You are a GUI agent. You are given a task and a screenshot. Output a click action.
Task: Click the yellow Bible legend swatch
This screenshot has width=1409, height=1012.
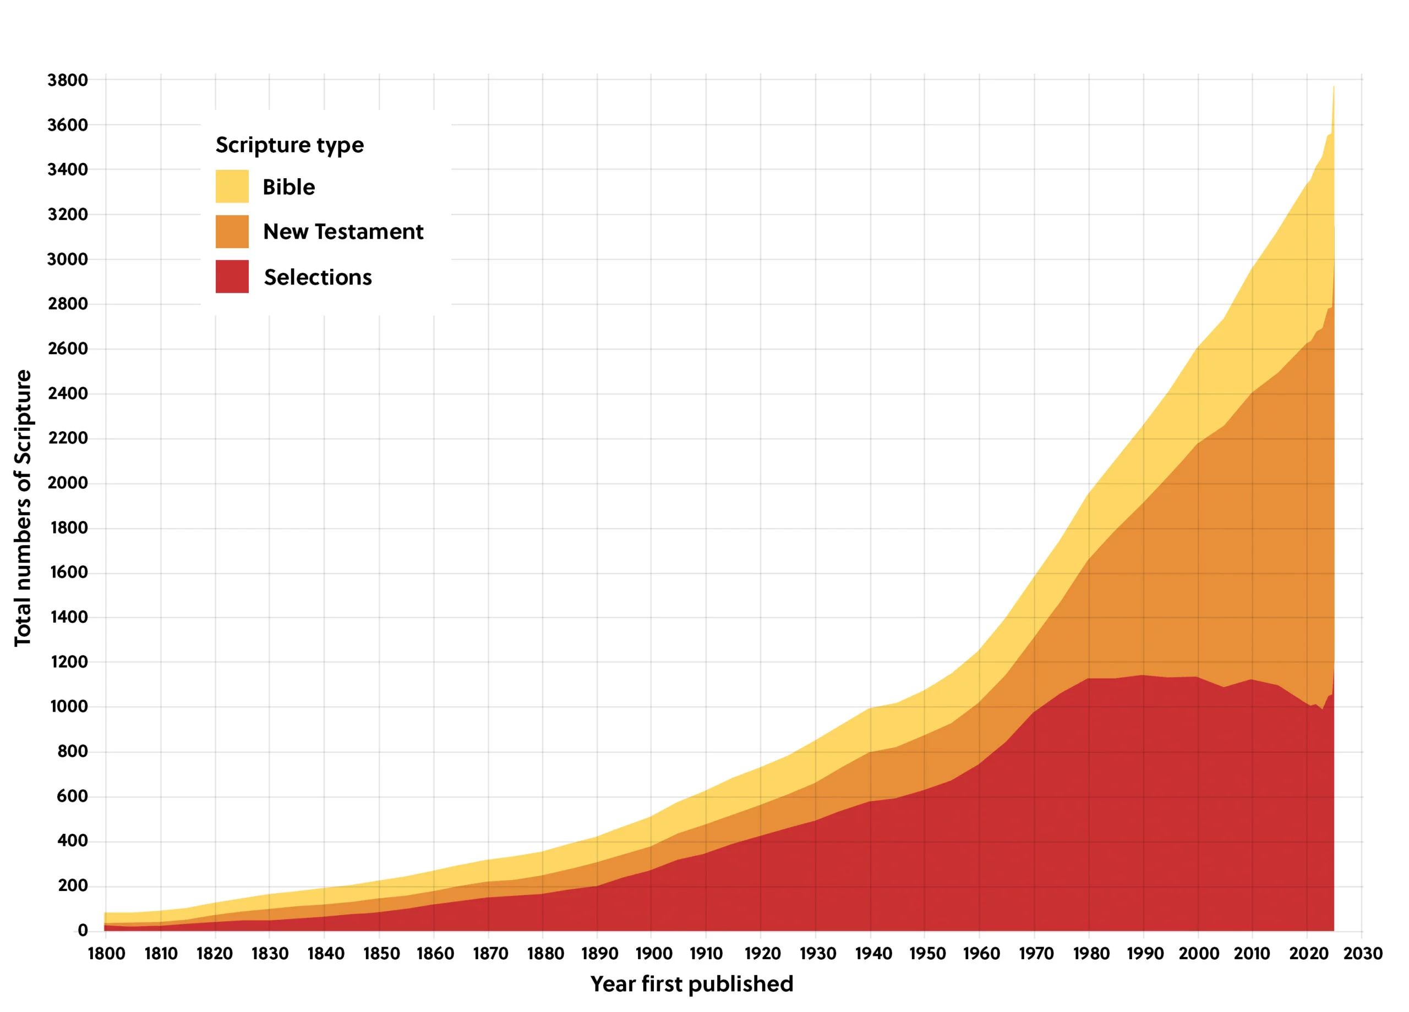pos(232,186)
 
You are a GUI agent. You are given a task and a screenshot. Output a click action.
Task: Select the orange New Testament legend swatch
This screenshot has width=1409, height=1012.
pos(232,232)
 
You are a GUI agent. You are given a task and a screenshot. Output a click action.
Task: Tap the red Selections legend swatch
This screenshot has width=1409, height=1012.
pos(232,276)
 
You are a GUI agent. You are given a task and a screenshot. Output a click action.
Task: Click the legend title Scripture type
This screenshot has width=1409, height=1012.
pos(290,145)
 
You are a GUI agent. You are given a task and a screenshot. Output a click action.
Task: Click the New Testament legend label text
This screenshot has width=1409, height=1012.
pos(343,232)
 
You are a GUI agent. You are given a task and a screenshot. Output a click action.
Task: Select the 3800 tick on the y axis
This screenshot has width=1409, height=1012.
pos(68,80)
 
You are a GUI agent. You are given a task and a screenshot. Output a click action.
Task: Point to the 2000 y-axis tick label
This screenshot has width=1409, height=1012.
pos(68,482)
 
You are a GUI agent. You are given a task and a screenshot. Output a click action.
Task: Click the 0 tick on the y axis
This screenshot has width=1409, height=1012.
pos(82,930)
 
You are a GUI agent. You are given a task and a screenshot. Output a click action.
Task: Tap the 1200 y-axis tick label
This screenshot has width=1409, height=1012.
pos(68,662)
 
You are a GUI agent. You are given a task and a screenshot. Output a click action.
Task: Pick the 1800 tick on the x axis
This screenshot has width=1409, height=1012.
pos(106,954)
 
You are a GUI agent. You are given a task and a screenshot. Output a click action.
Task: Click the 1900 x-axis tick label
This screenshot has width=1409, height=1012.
pos(653,954)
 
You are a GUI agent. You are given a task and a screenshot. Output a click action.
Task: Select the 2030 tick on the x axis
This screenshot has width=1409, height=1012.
pos(1362,954)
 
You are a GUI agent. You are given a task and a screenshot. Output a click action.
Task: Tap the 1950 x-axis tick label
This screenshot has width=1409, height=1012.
pos(927,954)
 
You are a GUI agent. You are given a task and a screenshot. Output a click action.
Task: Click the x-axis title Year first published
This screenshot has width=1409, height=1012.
pos(691,984)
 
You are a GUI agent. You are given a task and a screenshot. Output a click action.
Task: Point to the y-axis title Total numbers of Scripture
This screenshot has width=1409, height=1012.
pos(23,508)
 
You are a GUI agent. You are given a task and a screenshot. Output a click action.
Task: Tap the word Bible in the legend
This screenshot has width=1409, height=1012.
pos(289,187)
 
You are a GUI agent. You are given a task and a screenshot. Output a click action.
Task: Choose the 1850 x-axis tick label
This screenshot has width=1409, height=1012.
pos(381,954)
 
